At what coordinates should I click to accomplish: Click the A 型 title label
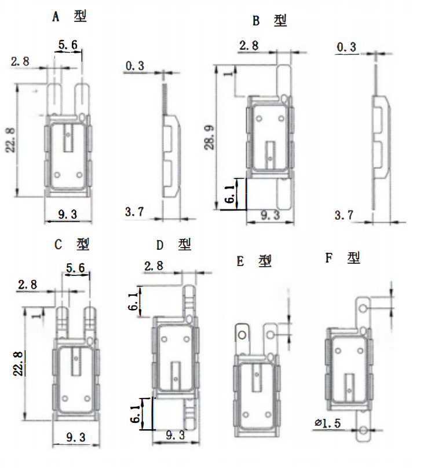pyautogui.click(x=70, y=16)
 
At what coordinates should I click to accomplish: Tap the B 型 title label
pyautogui.click(x=269, y=21)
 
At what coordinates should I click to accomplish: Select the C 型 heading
pyautogui.click(x=72, y=245)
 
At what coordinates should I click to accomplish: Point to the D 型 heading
pyautogui.click(x=174, y=245)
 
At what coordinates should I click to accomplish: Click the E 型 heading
pyautogui.click(x=254, y=261)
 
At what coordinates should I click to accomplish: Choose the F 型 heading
pyautogui.click(x=343, y=257)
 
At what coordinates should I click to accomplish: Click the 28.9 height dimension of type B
pyautogui.click(x=210, y=137)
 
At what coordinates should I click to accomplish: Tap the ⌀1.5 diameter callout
pyautogui.click(x=327, y=423)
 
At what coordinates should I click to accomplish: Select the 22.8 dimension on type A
pyautogui.click(x=11, y=140)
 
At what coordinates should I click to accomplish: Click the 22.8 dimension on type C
pyautogui.click(x=19, y=363)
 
